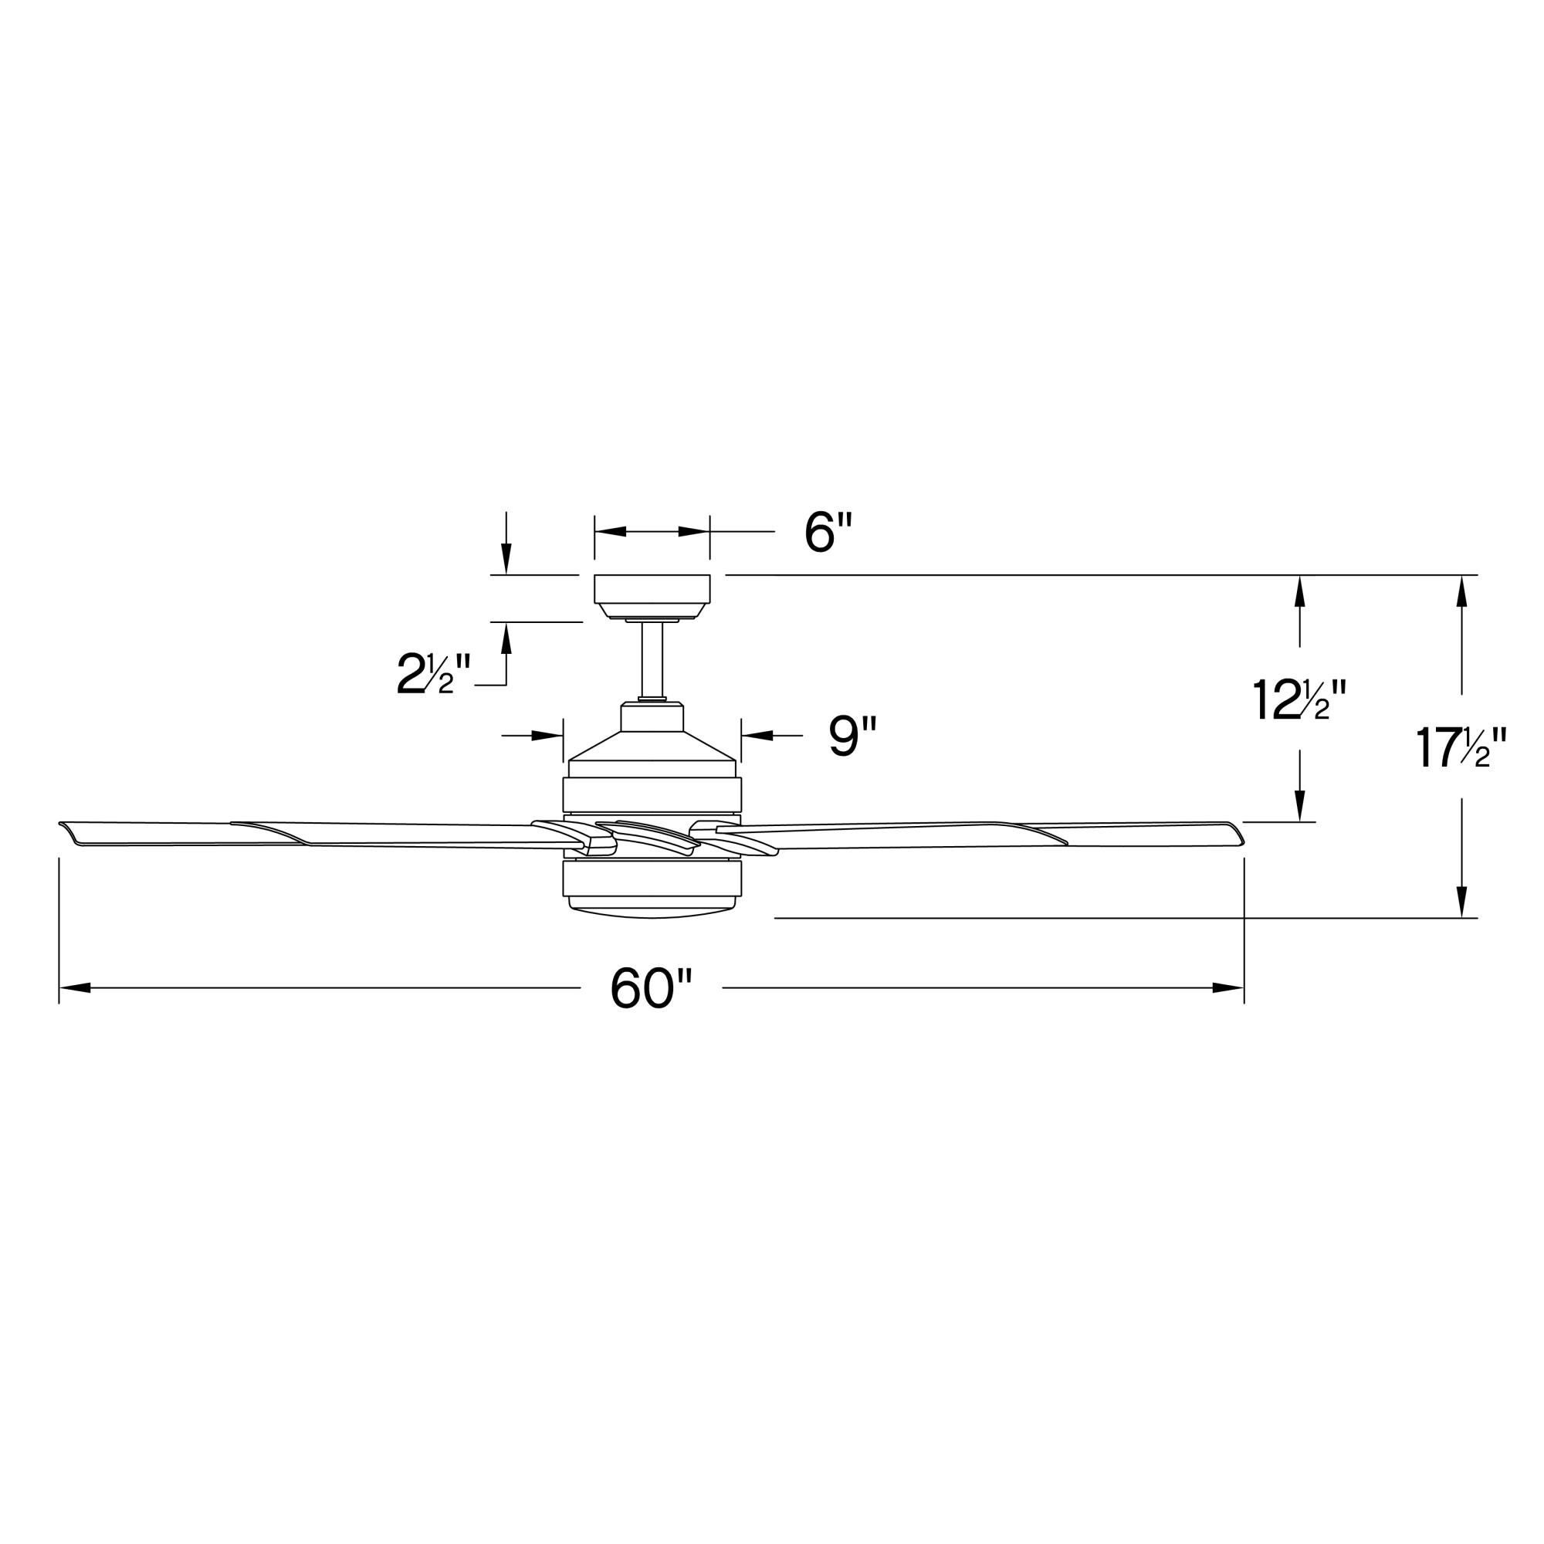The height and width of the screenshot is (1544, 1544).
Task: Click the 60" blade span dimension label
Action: (650, 989)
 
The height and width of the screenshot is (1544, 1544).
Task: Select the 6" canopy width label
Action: (828, 533)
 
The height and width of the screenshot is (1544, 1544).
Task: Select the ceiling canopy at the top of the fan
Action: (652, 592)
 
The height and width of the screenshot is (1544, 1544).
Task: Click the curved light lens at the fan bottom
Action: (652, 912)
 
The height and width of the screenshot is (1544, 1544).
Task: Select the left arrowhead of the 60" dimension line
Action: (73, 989)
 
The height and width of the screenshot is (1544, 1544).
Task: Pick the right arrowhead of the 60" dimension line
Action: (1228, 989)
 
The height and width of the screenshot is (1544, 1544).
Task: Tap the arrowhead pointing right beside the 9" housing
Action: (548, 736)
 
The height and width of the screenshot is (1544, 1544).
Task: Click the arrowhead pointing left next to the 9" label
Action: (757, 736)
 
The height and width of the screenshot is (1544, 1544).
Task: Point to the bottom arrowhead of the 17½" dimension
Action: (1461, 902)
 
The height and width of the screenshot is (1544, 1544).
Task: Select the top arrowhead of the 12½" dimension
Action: (1299, 591)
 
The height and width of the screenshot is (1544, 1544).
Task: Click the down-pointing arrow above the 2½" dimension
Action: (506, 558)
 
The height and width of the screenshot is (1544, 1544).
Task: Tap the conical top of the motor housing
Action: (652, 746)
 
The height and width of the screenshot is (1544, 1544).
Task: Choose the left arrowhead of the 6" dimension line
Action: (610, 531)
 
